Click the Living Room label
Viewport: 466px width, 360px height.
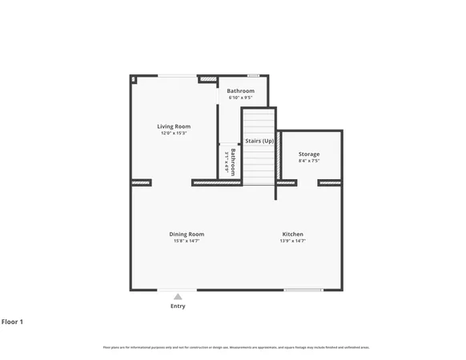coord(174,126)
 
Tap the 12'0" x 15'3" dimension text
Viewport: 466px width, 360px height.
coord(174,133)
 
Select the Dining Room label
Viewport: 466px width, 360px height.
coord(187,234)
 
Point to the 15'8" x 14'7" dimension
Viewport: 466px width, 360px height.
coord(187,241)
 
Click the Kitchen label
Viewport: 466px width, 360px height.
coord(291,234)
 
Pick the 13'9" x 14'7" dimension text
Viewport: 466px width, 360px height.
coord(291,241)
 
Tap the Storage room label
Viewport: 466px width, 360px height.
coord(309,154)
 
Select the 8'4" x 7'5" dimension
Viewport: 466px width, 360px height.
coord(309,161)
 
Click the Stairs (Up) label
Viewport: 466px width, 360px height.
coord(259,141)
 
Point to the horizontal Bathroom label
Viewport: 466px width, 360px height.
coord(240,91)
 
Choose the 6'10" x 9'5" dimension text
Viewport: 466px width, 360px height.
coord(240,98)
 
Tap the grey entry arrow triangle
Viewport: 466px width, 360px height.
coord(178,297)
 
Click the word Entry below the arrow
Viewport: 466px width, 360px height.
coord(178,306)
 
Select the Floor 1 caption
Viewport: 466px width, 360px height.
coord(12,322)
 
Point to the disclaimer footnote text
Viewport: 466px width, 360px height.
coord(236,347)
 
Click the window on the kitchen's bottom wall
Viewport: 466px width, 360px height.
coord(303,290)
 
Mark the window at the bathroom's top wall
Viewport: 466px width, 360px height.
coord(253,76)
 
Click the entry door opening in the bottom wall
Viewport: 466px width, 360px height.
coord(177,290)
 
